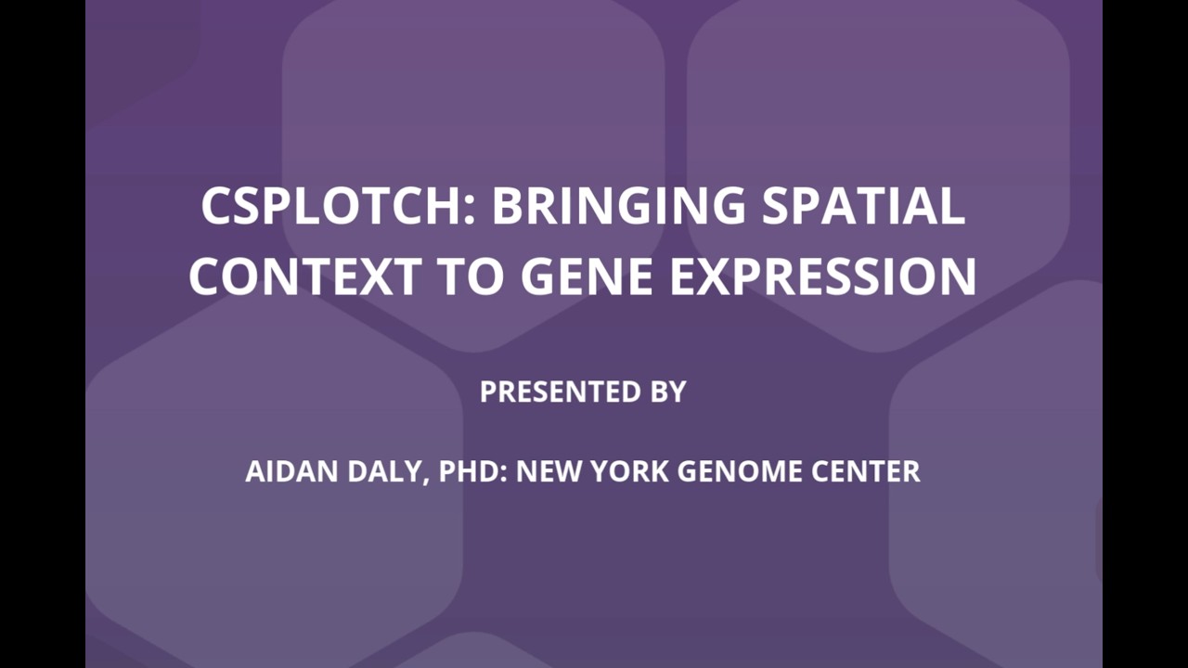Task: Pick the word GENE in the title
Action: tap(587, 276)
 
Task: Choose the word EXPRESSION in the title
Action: tap(823, 276)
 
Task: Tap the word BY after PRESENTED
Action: tap(668, 392)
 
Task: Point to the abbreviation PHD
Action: tap(469, 471)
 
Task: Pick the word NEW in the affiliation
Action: tap(549, 471)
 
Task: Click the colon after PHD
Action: tap(503, 474)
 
